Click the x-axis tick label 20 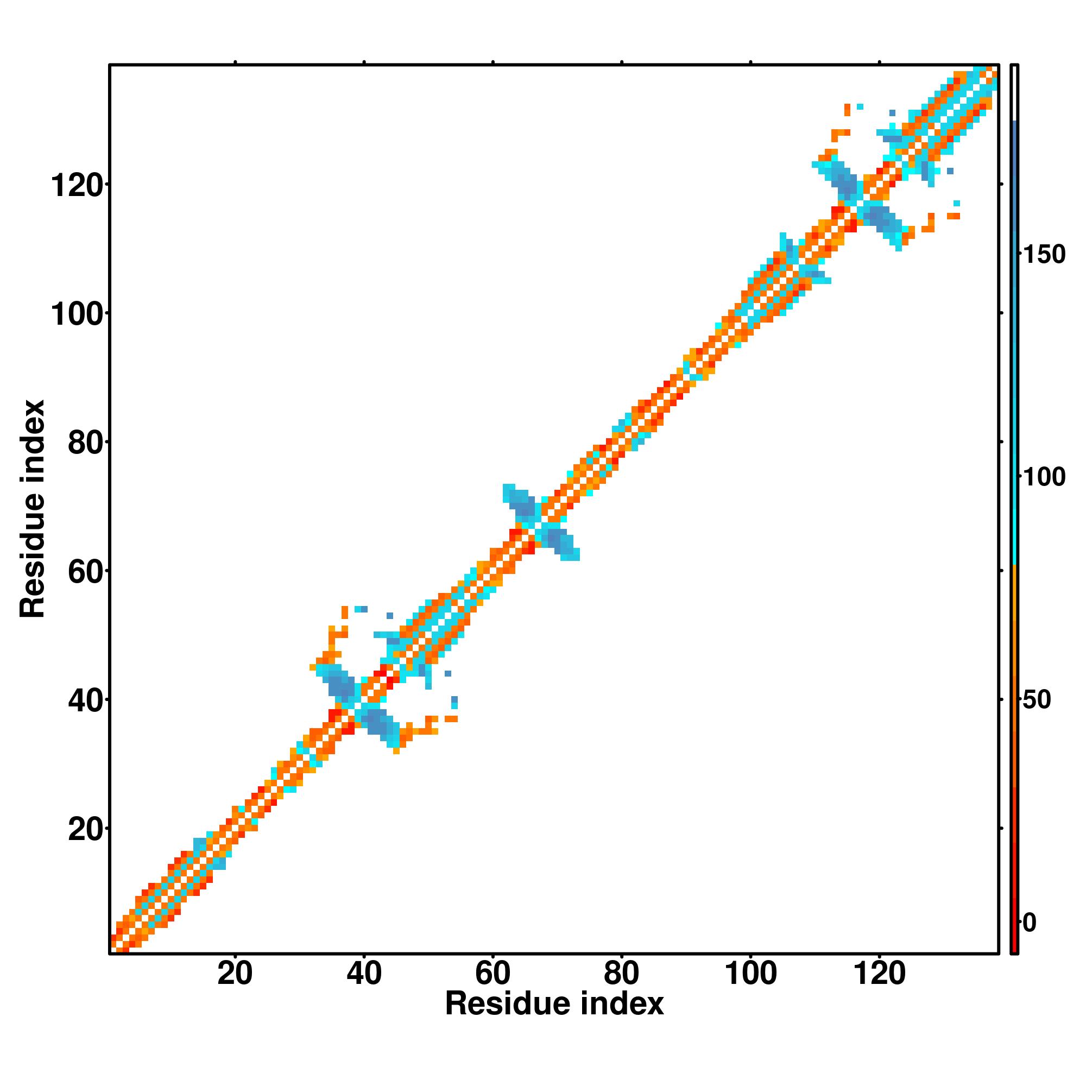(x=235, y=973)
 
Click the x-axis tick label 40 (x=364, y=973)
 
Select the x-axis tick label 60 (x=493, y=973)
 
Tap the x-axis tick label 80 (x=621, y=973)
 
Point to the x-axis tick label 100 (x=750, y=973)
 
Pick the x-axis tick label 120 (x=879, y=973)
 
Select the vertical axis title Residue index (x=32, y=509)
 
